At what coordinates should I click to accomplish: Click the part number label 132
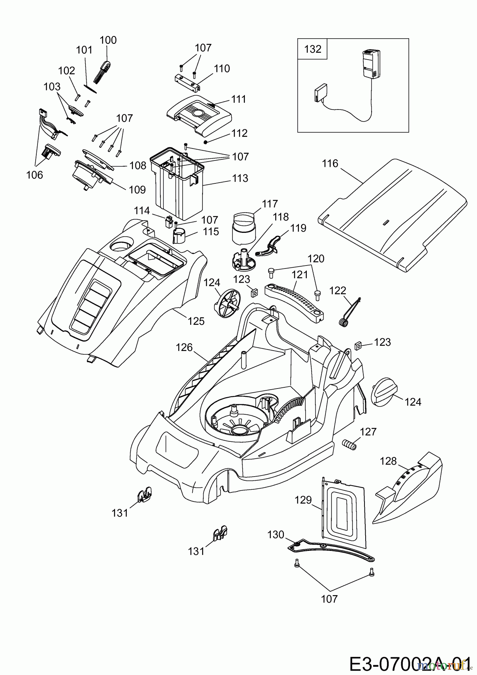[313, 49]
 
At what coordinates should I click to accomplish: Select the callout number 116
[330, 163]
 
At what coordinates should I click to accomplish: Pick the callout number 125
[196, 321]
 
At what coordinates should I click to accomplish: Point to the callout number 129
[303, 500]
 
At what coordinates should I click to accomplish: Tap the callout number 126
[184, 348]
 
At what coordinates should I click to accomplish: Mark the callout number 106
[34, 175]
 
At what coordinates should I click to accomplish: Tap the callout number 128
[388, 461]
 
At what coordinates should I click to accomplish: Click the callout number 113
[240, 178]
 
